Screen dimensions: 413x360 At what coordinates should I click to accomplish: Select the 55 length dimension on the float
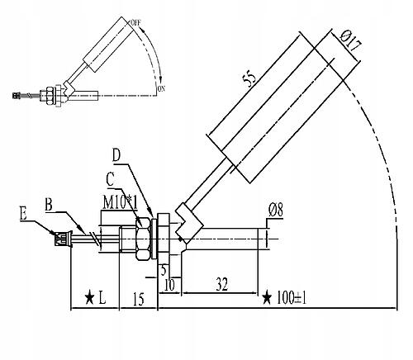(x=249, y=78)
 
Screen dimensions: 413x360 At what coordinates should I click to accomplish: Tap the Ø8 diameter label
(x=276, y=211)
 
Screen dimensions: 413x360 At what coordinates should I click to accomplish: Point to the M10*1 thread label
(x=120, y=202)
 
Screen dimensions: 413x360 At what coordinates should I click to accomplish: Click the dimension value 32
(x=222, y=284)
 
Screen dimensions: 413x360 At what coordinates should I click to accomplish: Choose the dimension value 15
(x=139, y=299)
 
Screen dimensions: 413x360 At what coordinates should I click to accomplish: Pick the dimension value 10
(x=169, y=285)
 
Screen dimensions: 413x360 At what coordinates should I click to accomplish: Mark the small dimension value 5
(x=164, y=270)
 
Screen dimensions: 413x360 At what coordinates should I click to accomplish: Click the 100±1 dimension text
(x=292, y=298)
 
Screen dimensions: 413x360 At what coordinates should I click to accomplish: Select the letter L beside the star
(x=102, y=297)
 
